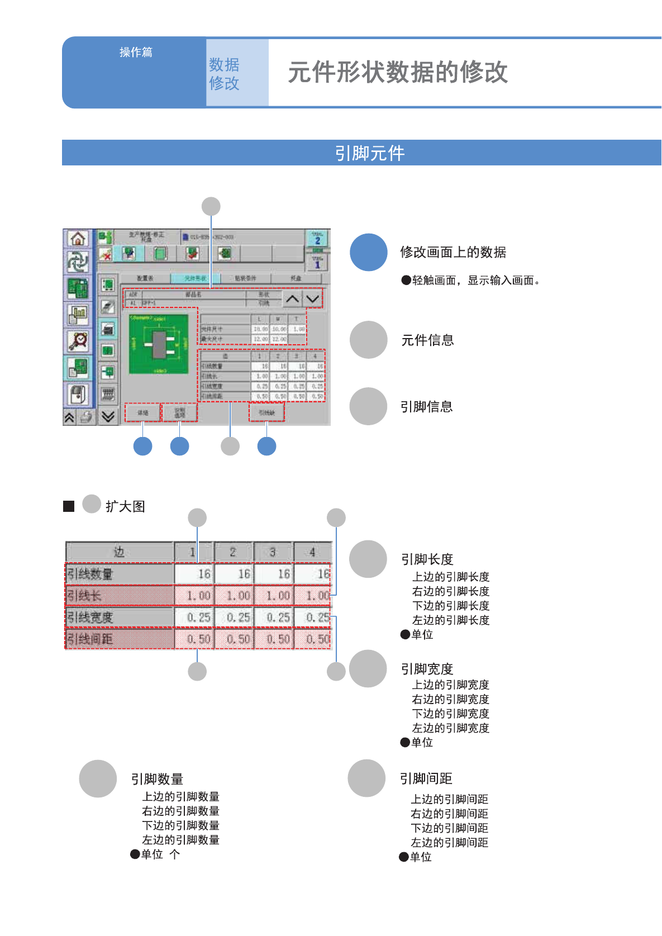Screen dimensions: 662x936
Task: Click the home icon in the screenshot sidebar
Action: pyautogui.click(x=78, y=239)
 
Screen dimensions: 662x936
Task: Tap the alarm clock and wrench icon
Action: pyautogui.click(x=78, y=340)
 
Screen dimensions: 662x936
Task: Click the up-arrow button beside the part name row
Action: pyautogui.click(x=292, y=299)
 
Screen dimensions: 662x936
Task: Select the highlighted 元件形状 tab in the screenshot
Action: pyautogui.click(x=196, y=278)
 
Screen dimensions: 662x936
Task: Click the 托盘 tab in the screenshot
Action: pyautogui.click(x=296, y=278)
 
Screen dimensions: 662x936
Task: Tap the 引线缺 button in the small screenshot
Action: pyautogui.click(x=266, y=413)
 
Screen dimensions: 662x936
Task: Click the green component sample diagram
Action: pyautogui.click(x=159, y=344)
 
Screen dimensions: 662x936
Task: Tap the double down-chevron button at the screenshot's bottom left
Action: pyautogui.click(x=108, y=416)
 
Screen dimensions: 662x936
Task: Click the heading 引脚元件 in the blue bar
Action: pyautogui.click(x=369, y=153)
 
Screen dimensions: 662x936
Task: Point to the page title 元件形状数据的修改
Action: pyautogui.click(x=398, y=72)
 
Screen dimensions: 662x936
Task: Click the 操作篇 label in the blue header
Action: pyautogui.click(x=136, y=52)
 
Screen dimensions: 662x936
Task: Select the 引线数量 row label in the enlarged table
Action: pyautogui.click(x=91, y=574)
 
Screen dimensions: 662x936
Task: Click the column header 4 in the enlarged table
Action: pyautogui.click(x=312, y=552)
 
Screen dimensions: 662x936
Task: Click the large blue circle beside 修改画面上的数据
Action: pyautogui.click(x=369, y=252)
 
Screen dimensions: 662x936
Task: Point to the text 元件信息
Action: pyautogui.click(x=427, y=340)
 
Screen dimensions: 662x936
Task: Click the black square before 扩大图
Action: pyautogui.click(x=69, y=506)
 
